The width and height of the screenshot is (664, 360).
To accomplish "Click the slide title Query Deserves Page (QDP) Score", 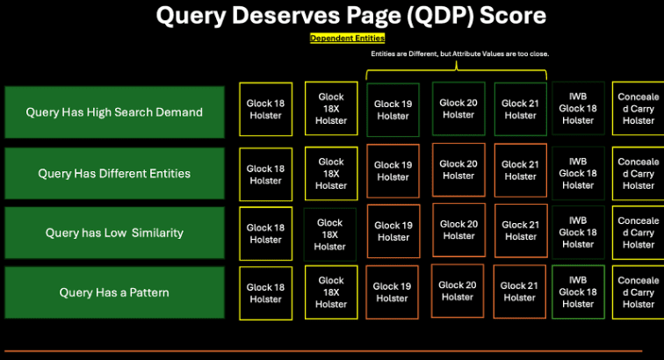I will click(x=350, y=16).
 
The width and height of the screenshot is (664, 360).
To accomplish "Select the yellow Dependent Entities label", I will click(x=348, y=38).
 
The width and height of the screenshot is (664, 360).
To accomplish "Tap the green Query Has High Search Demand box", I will click(x=114, y=112).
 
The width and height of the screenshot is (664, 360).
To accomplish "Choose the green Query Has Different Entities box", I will click(x=114, y=173).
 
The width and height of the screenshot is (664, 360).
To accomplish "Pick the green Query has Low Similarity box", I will click(x=114, y=233).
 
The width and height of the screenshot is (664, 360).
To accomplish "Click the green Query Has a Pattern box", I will click(x=114, y=292).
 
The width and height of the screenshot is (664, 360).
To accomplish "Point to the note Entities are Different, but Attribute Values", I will click(x=459, y=54).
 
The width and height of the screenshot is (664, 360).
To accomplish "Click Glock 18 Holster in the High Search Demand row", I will click(x=265, y=110).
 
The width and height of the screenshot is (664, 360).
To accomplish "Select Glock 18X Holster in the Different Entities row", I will click(x=331, y=174).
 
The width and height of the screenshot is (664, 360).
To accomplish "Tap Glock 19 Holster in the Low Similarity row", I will click(x=393, y=231).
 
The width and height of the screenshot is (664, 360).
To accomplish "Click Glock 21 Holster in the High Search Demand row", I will click(x=520, y=109).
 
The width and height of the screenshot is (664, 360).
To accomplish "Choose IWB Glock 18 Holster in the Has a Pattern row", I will click(x=578, y=292).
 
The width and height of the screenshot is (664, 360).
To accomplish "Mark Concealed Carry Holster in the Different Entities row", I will click(x=639, y=174).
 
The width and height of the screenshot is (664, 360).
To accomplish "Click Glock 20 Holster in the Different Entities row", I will click(x=458, y=169).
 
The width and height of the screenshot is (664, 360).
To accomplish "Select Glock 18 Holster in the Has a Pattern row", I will click(x=265, y=293).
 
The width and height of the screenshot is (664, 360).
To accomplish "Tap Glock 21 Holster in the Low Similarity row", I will click(x=520, y=230).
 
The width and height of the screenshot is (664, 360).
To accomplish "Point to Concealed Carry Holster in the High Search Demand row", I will click(x=639, y=109).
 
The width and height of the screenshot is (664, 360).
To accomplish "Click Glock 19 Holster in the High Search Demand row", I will click(x=393, y=110).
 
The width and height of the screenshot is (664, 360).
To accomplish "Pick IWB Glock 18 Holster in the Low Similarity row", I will click(x=578, y=233).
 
